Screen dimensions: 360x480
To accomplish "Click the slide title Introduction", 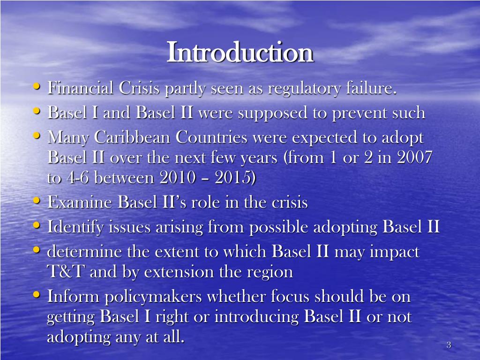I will click(240, 52).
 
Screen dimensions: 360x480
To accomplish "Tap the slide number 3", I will click(449, 345).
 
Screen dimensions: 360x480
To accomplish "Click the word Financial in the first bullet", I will click(78, 88).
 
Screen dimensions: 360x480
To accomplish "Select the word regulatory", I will click(297, 88).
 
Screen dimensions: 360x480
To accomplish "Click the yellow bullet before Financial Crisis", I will click(37, 87).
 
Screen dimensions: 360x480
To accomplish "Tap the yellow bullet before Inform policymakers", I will click(37, 295).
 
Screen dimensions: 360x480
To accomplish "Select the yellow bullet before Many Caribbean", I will click(37, 136).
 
